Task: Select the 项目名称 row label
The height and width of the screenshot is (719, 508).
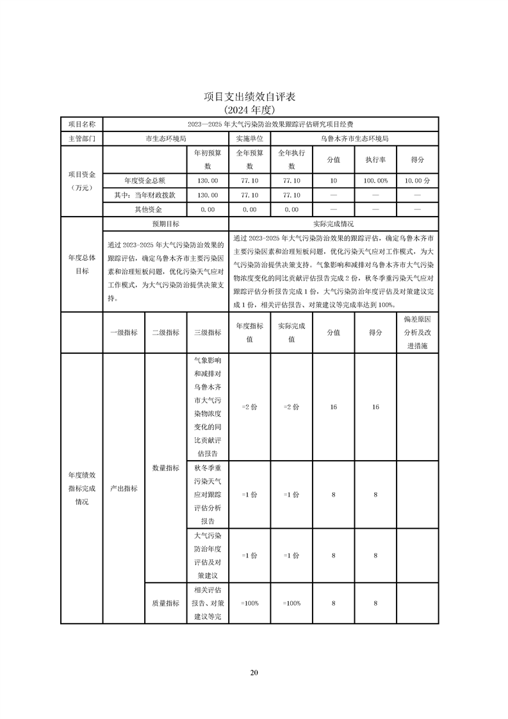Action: click(x=81, y=124)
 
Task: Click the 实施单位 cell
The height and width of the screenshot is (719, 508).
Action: click(x=249, y=138)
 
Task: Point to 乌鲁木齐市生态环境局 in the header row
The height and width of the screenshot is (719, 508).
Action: click(x=354, y=138)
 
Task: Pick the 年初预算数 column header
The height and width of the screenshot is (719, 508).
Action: click(x=208, y=160)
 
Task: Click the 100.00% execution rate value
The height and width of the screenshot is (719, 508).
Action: click(x=375, y=181)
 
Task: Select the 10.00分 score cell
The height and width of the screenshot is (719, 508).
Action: click(x=418, y=181)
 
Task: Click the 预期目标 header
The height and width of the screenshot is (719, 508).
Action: click(x=165, y=224)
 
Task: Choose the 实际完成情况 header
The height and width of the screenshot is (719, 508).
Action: click(x=333, y=224)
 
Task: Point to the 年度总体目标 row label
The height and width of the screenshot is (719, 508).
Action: click(x=81, y=264)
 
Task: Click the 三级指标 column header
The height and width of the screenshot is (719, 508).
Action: click(x=208, y=333)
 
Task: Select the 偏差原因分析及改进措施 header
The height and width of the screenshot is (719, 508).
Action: click(x=418, y=333)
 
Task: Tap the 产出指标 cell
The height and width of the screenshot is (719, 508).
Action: click(x=124, y=488)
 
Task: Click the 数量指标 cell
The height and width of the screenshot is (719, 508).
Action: click(x=165, y=468)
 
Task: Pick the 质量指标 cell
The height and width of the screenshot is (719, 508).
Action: click(x=165, y=603)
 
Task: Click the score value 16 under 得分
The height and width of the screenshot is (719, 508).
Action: click(x=375, y=407)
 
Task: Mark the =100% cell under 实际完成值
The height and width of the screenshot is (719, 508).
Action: click(x=291, y=603)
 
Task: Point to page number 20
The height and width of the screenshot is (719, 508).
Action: click(x=254, y=672)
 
